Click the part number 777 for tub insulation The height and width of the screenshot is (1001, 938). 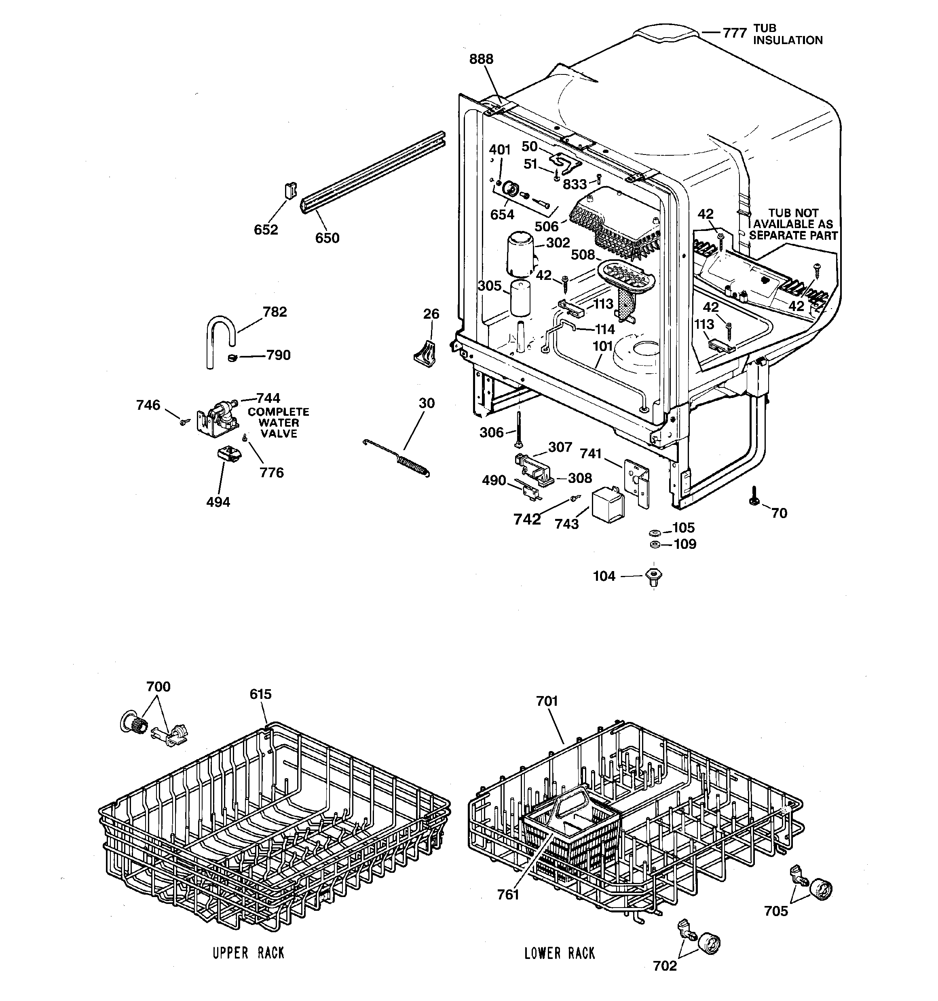pyautogui.click(x=734, y=33)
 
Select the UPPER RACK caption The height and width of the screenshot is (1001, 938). pyautogui.click(x=248, y=952)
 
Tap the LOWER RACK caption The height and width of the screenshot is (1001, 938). pyautogui.click(x=560, y=952)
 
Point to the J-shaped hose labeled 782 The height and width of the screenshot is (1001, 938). pyautogui.click(x=218, y=337)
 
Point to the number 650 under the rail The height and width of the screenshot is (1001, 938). pyautogui.click(x=327, y=238)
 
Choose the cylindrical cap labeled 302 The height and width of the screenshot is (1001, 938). pyautogui.click(x=520, y=253)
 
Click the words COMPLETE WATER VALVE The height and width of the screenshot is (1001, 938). pyautogui.click(x=279, y=423)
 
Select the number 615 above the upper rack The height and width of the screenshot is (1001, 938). pyautogui.click(x=260, y=694)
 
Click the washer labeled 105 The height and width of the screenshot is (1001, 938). pyautogui.click(x=655, y=532)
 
